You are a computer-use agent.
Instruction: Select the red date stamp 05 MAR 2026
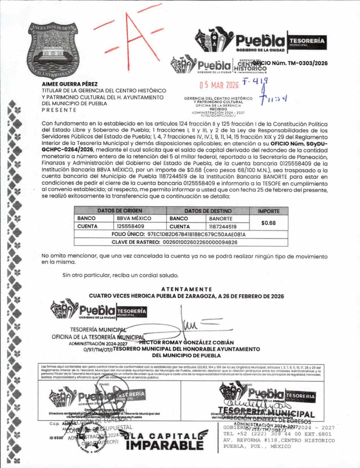[219, 85]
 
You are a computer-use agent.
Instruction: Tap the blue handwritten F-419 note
[255, 82]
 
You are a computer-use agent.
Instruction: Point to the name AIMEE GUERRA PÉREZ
[70, 84]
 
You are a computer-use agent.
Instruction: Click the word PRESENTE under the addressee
[59, 110]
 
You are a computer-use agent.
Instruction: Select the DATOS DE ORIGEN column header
[120, 211]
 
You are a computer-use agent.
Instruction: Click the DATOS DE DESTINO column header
[208, 211]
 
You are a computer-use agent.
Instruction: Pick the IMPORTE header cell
[268, 211]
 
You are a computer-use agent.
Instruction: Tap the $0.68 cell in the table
[268, 223]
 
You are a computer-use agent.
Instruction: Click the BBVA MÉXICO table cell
[134, 218]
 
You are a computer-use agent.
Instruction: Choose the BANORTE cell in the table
[221, 219]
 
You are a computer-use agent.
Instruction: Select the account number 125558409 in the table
[130, 226]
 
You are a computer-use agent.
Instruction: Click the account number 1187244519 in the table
[223, 227]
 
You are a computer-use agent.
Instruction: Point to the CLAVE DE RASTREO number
[200, 242]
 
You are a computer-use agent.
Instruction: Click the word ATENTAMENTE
[187, 289]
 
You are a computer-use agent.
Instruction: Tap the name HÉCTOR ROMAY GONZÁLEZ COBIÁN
[187, 343]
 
